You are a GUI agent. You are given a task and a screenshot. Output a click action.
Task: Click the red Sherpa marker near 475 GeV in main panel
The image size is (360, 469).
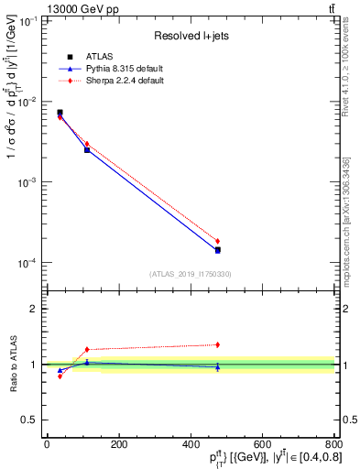(x=217, y=241)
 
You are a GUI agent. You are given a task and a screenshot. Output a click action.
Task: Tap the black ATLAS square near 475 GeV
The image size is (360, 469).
(x=217, y=249)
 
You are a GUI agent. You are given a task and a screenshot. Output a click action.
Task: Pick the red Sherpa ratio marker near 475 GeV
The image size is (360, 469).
(x=217, y=344)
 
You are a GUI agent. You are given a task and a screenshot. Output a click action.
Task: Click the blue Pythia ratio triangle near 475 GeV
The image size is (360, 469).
(x=217, y=366)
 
